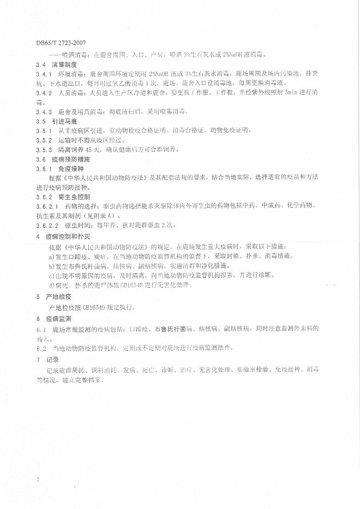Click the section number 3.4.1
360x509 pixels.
coord(44,73)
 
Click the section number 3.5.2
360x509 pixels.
coord(44,139)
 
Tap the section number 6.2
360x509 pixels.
coord(40,347)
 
